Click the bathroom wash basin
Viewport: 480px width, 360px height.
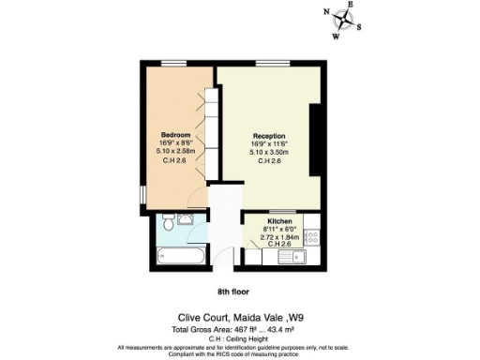(185, 220)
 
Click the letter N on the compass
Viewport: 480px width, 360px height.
(326, 14)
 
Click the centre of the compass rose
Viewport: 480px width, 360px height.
(343, 20)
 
